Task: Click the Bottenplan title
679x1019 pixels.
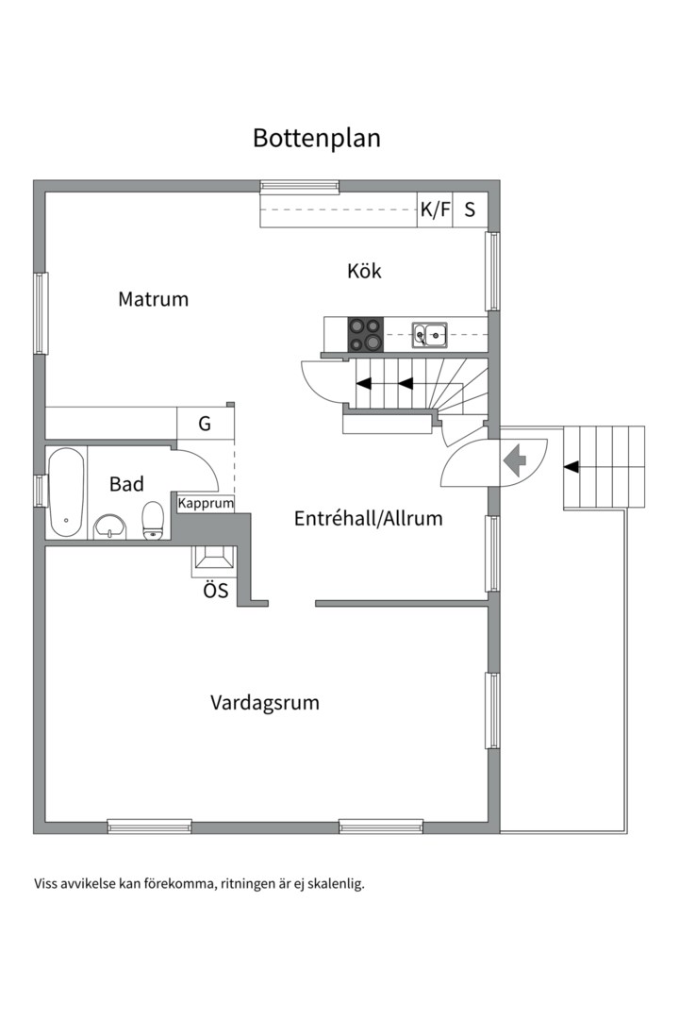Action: (316, 138)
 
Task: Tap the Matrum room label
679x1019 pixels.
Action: (153, 299)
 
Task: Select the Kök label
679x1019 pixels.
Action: (364, 271)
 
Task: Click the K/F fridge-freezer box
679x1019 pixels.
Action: (435, 210)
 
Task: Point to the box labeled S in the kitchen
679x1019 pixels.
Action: (470, 210)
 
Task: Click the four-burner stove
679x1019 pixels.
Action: (366, 334)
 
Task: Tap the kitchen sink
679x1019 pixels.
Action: (430, 332)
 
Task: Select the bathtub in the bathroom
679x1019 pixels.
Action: (66, 492)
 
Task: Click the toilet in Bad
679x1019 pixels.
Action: (153, 521)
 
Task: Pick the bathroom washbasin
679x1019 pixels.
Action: (110, 526)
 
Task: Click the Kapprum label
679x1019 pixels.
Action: (206, 504)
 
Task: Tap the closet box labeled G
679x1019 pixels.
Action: (205, 424)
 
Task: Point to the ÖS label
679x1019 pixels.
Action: (215, 593)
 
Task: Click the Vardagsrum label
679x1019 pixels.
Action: (264, 703)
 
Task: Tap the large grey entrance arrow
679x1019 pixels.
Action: (515, 461)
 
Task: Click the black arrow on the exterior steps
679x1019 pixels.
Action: (571, 466)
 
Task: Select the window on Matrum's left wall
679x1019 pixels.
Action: (41, 313)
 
